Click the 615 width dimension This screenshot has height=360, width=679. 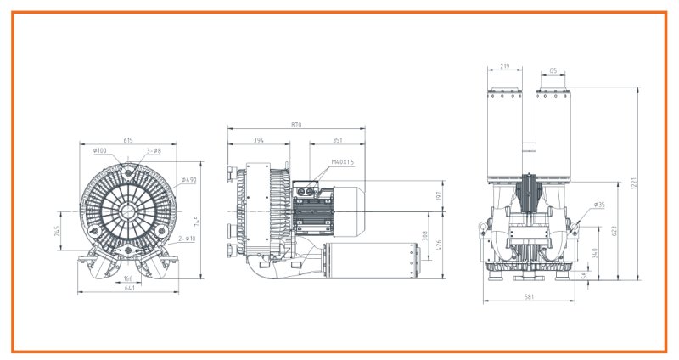(128, 140)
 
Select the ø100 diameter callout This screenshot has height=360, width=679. (100, 151)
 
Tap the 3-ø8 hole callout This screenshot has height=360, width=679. (154, 151)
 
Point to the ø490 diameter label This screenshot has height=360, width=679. (188, 180)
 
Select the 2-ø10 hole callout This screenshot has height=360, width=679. (187, 239)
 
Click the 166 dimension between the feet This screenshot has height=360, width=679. (126, 278)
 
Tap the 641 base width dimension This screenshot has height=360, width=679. (129, 289)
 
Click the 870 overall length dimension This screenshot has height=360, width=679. (296, 125)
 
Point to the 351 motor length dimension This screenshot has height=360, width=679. (337, 140)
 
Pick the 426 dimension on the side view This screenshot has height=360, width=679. (440, 246)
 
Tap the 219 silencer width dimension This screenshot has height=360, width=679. (504, 65)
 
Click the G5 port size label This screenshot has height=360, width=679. (553, 72)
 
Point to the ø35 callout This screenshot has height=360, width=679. (599, 205)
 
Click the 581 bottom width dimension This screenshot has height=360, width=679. (529, 296)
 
